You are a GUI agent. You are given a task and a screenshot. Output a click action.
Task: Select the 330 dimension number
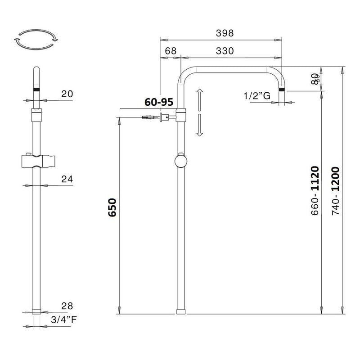point(225,51)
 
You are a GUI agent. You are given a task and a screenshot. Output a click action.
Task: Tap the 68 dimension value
point(170,51)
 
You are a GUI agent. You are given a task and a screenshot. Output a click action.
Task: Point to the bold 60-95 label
point(159,102)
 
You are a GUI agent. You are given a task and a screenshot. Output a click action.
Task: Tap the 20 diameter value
point(67,94)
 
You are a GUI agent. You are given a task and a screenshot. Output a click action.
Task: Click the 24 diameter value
point(67,179)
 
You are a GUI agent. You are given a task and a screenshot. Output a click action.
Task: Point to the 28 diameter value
point(67,306)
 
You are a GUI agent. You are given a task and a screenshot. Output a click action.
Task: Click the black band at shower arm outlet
point(282,89)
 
